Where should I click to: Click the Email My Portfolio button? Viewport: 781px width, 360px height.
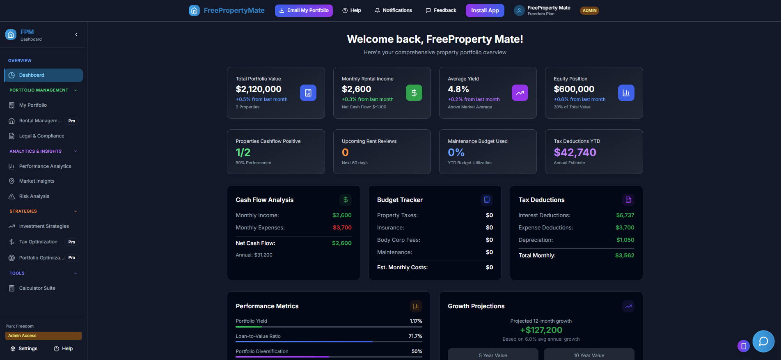[304, 11]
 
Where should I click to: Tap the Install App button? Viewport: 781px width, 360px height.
[485, 11]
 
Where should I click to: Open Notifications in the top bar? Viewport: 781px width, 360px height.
[393, 11]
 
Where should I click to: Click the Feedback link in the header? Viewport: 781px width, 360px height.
[441, 11]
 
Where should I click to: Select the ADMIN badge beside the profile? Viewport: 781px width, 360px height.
[589, 11]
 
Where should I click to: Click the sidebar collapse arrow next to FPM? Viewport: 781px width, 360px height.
[76, 34]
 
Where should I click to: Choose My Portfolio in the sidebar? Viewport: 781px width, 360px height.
[33, 105]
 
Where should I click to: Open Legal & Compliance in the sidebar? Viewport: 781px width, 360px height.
[41, 136]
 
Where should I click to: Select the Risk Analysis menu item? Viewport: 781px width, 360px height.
[34, 196]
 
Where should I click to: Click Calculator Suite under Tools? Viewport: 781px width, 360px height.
[37, 288]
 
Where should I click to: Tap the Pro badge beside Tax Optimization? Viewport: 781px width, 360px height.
[72, 242]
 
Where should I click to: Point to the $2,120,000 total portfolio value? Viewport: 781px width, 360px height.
[259, 89]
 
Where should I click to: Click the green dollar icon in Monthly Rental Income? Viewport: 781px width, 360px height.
[414, 93]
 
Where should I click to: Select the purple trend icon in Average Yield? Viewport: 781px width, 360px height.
[520, 93]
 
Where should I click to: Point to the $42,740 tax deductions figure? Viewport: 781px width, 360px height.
[575, 152]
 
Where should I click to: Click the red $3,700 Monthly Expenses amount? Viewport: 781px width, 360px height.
[342, 227]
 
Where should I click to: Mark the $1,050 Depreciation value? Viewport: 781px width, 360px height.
[625, 240]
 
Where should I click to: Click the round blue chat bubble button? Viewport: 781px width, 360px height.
[763, 341]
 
